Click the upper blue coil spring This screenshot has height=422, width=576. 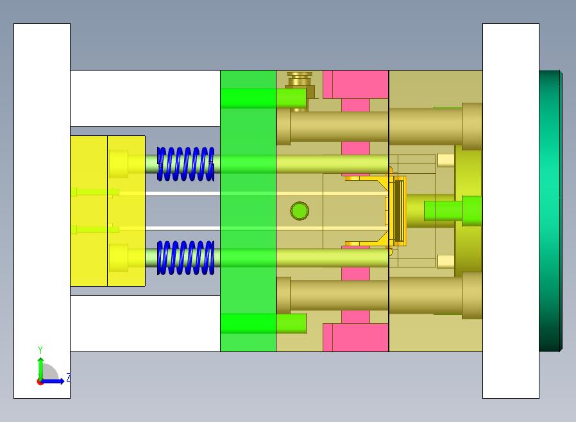tap(185, 164)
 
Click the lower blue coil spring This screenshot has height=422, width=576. tap(185, 258)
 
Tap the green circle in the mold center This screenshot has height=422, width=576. tap(300, 211)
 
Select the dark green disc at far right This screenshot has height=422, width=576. tap(550, 211)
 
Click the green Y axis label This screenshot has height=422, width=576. tap(40, 350)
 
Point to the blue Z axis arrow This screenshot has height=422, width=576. tap(52, 382)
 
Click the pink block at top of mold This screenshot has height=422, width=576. tap(355, 85)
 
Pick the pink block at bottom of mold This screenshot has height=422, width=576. tap(355, 337)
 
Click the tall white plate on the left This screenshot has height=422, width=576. tap(42, 211)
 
